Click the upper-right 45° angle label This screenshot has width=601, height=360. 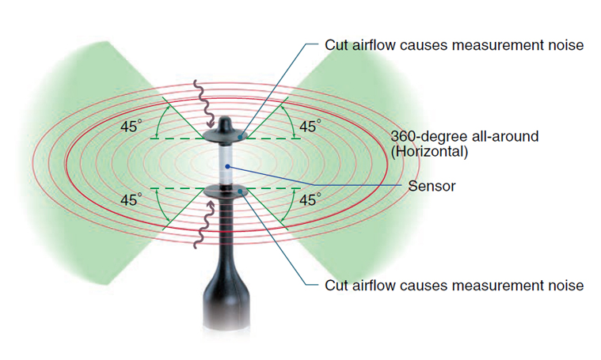pos(310,127)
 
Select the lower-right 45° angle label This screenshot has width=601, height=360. pos(310,200)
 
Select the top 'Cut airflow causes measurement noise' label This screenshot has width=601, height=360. pos(454,45)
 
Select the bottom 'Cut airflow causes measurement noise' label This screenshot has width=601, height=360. pos(454,285)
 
